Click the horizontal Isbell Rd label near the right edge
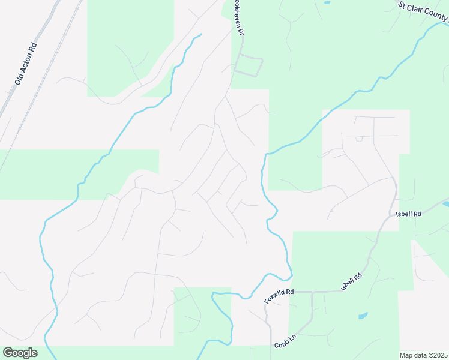[408, 214]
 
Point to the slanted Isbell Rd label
[352, 281]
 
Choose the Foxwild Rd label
[279, 296]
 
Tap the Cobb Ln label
[286, 342]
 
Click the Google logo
[20, 353]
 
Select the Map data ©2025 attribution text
[424, 355]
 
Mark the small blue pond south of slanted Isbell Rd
[363, 315]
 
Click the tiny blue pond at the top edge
[327, 2]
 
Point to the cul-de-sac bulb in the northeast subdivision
[358, 139]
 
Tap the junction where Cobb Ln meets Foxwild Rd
[312, 292]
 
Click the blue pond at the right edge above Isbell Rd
[446, 204]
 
